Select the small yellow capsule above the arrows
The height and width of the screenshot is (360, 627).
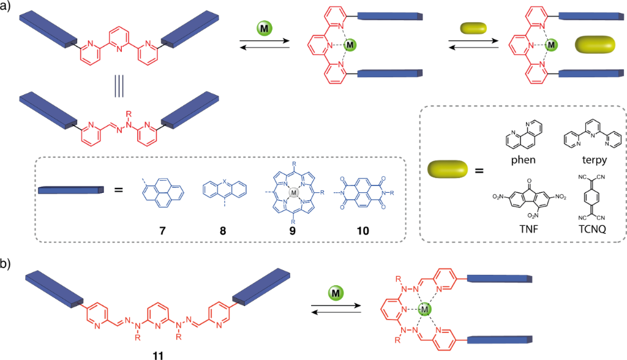click(472, 28)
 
